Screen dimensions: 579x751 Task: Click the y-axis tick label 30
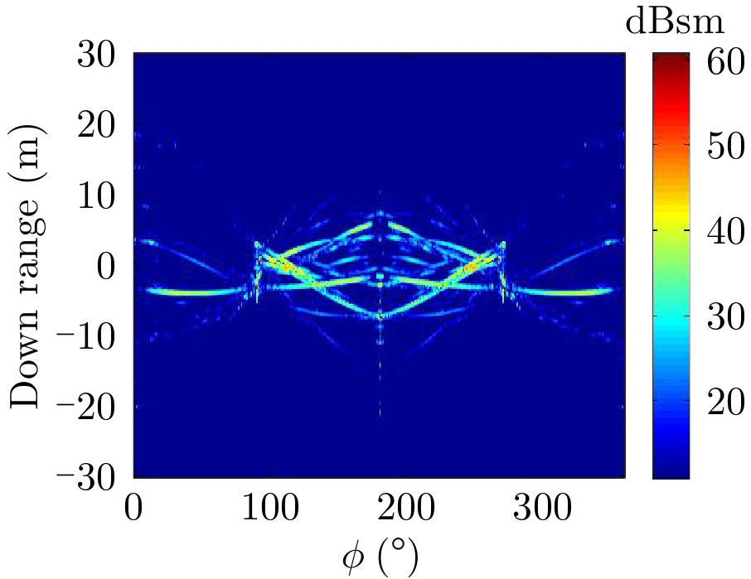100,58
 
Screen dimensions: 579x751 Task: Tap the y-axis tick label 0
111,268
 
